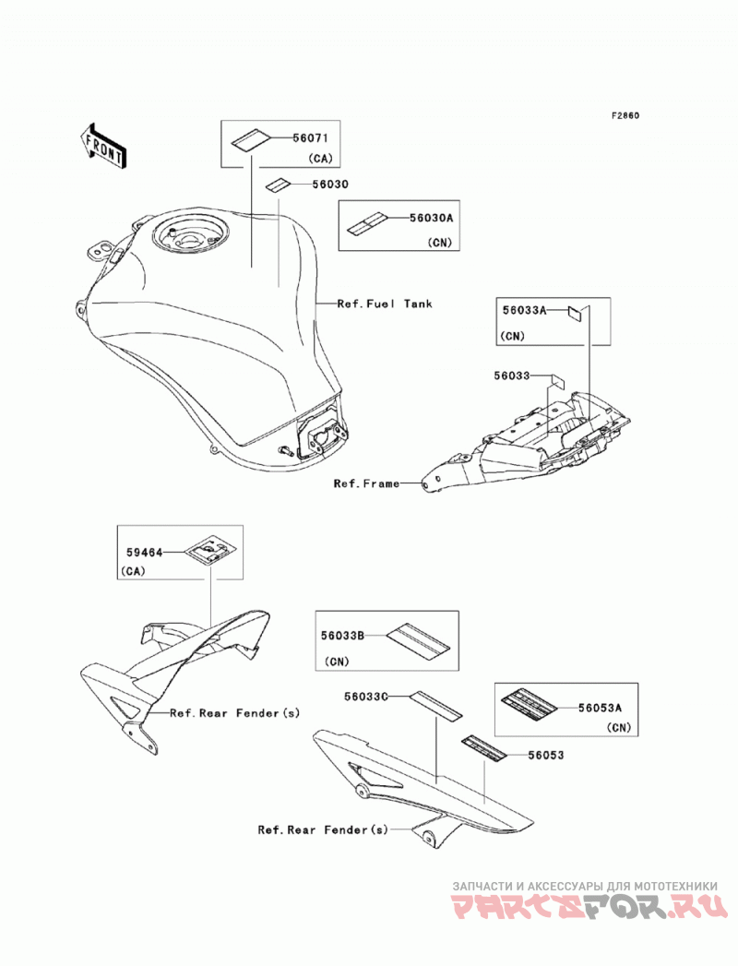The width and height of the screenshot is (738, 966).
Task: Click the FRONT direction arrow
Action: (104, 147)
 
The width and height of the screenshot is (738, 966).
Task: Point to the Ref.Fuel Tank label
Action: (385, 304)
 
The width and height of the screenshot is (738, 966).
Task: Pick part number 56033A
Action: (524, 311)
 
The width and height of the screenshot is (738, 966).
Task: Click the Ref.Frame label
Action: (366, 483)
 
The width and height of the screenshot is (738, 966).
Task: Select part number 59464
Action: (145, 553)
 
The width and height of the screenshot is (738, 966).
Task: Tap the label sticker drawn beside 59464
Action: (208, 548)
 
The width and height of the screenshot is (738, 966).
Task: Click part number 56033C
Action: (366, 697)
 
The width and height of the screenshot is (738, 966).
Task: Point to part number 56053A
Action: (600, 709)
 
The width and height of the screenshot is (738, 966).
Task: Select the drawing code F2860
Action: (625, 115)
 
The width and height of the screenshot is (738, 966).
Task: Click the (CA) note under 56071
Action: (320, 159)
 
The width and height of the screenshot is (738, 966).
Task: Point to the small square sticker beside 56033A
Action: (574, 314)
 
